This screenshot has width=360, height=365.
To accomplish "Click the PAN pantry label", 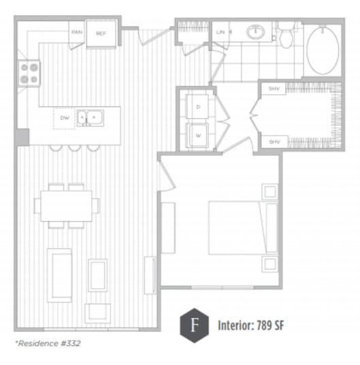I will click(77, 32).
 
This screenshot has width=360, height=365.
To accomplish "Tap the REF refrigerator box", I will click(101, 33).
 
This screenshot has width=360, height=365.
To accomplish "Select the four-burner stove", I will click(29, 74).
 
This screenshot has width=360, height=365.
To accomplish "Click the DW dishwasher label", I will click(65, 118).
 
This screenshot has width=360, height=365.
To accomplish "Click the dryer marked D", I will click(199, 108).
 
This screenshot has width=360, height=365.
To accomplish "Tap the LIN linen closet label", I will click(221, 32).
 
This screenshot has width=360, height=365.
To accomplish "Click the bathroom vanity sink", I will click(257, 32).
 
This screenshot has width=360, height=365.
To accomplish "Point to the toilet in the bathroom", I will click(286, 37).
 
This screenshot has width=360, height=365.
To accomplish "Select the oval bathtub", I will click(326, 50).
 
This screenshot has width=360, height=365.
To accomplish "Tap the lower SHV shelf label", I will click(274, 142).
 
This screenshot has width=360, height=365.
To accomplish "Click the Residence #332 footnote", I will click(48, 343).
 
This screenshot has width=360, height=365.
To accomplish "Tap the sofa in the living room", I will click(60, 274).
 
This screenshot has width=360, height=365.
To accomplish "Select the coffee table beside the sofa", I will click(97, 274).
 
